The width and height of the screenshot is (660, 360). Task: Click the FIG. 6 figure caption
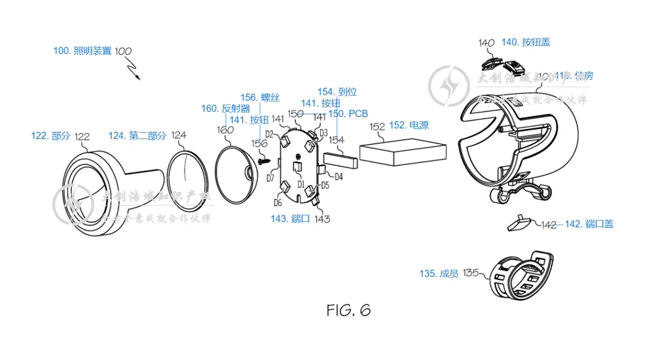click(348, 310)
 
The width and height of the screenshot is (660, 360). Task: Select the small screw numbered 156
click(265, 159)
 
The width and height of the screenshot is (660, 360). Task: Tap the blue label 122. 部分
click(50, 136)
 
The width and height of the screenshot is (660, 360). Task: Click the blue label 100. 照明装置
click(82, 50)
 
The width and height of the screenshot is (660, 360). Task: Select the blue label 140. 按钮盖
click(526, 43)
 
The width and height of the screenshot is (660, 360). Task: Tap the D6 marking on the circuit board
click(278, 203)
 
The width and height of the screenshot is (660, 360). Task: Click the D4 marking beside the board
click(339, 177)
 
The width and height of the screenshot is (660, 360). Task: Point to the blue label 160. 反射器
click(226, 109)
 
